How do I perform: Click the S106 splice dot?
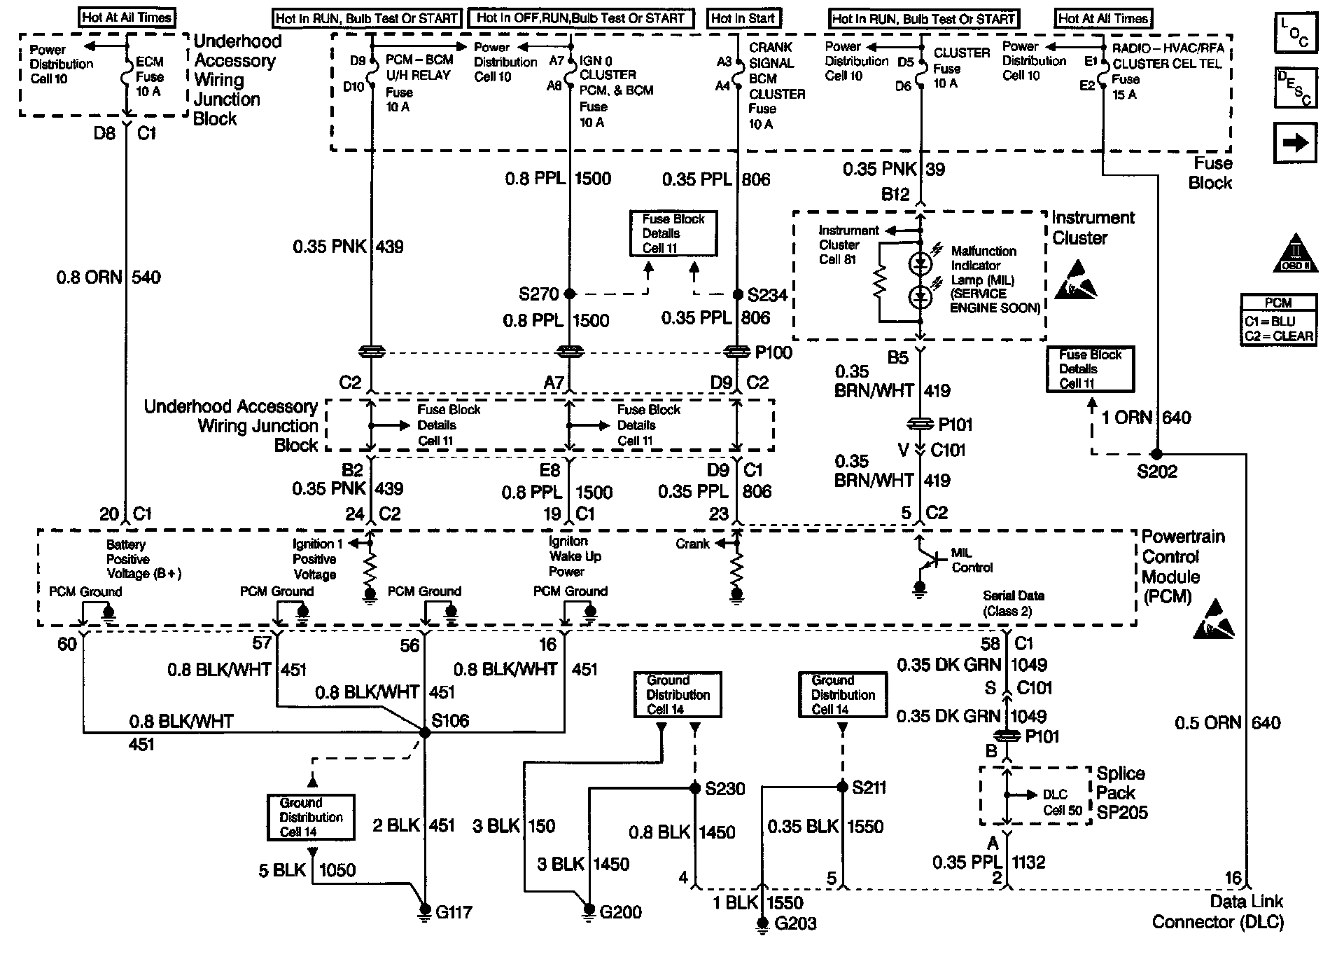424,732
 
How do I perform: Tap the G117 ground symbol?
424,911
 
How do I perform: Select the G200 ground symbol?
589,911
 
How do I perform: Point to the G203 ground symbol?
762,923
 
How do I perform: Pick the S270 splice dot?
569,294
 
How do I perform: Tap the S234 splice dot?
736,295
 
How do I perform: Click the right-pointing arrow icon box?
1295,143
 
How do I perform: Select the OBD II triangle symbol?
1295,254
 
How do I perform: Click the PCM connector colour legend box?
1278,320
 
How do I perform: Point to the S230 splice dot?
694,788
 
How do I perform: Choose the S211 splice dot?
842,787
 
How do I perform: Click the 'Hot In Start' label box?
743,19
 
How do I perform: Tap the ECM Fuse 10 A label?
149,76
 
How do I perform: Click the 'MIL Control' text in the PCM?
972,560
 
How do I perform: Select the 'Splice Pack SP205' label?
1121,792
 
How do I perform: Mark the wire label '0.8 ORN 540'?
108,277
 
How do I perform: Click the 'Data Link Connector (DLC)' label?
1218,911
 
